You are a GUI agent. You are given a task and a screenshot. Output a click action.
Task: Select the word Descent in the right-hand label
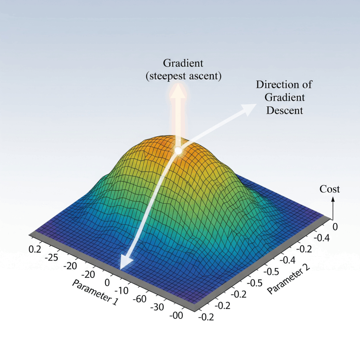tap(284, 110)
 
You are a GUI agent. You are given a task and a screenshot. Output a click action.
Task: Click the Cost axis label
tap(329, 189)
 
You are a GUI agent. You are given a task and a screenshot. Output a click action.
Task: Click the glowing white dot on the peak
tap(178, 151)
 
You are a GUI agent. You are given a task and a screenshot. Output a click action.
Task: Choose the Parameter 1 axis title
tap(95, 292)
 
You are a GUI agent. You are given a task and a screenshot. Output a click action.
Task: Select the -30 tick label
tap(157, 307)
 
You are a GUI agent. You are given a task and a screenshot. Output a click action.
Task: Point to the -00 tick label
tap(176, 316)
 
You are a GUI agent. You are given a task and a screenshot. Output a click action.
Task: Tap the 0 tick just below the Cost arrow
tap(335, 227)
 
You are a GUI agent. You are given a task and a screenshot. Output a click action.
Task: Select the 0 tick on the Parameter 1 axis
tap(107, 283)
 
